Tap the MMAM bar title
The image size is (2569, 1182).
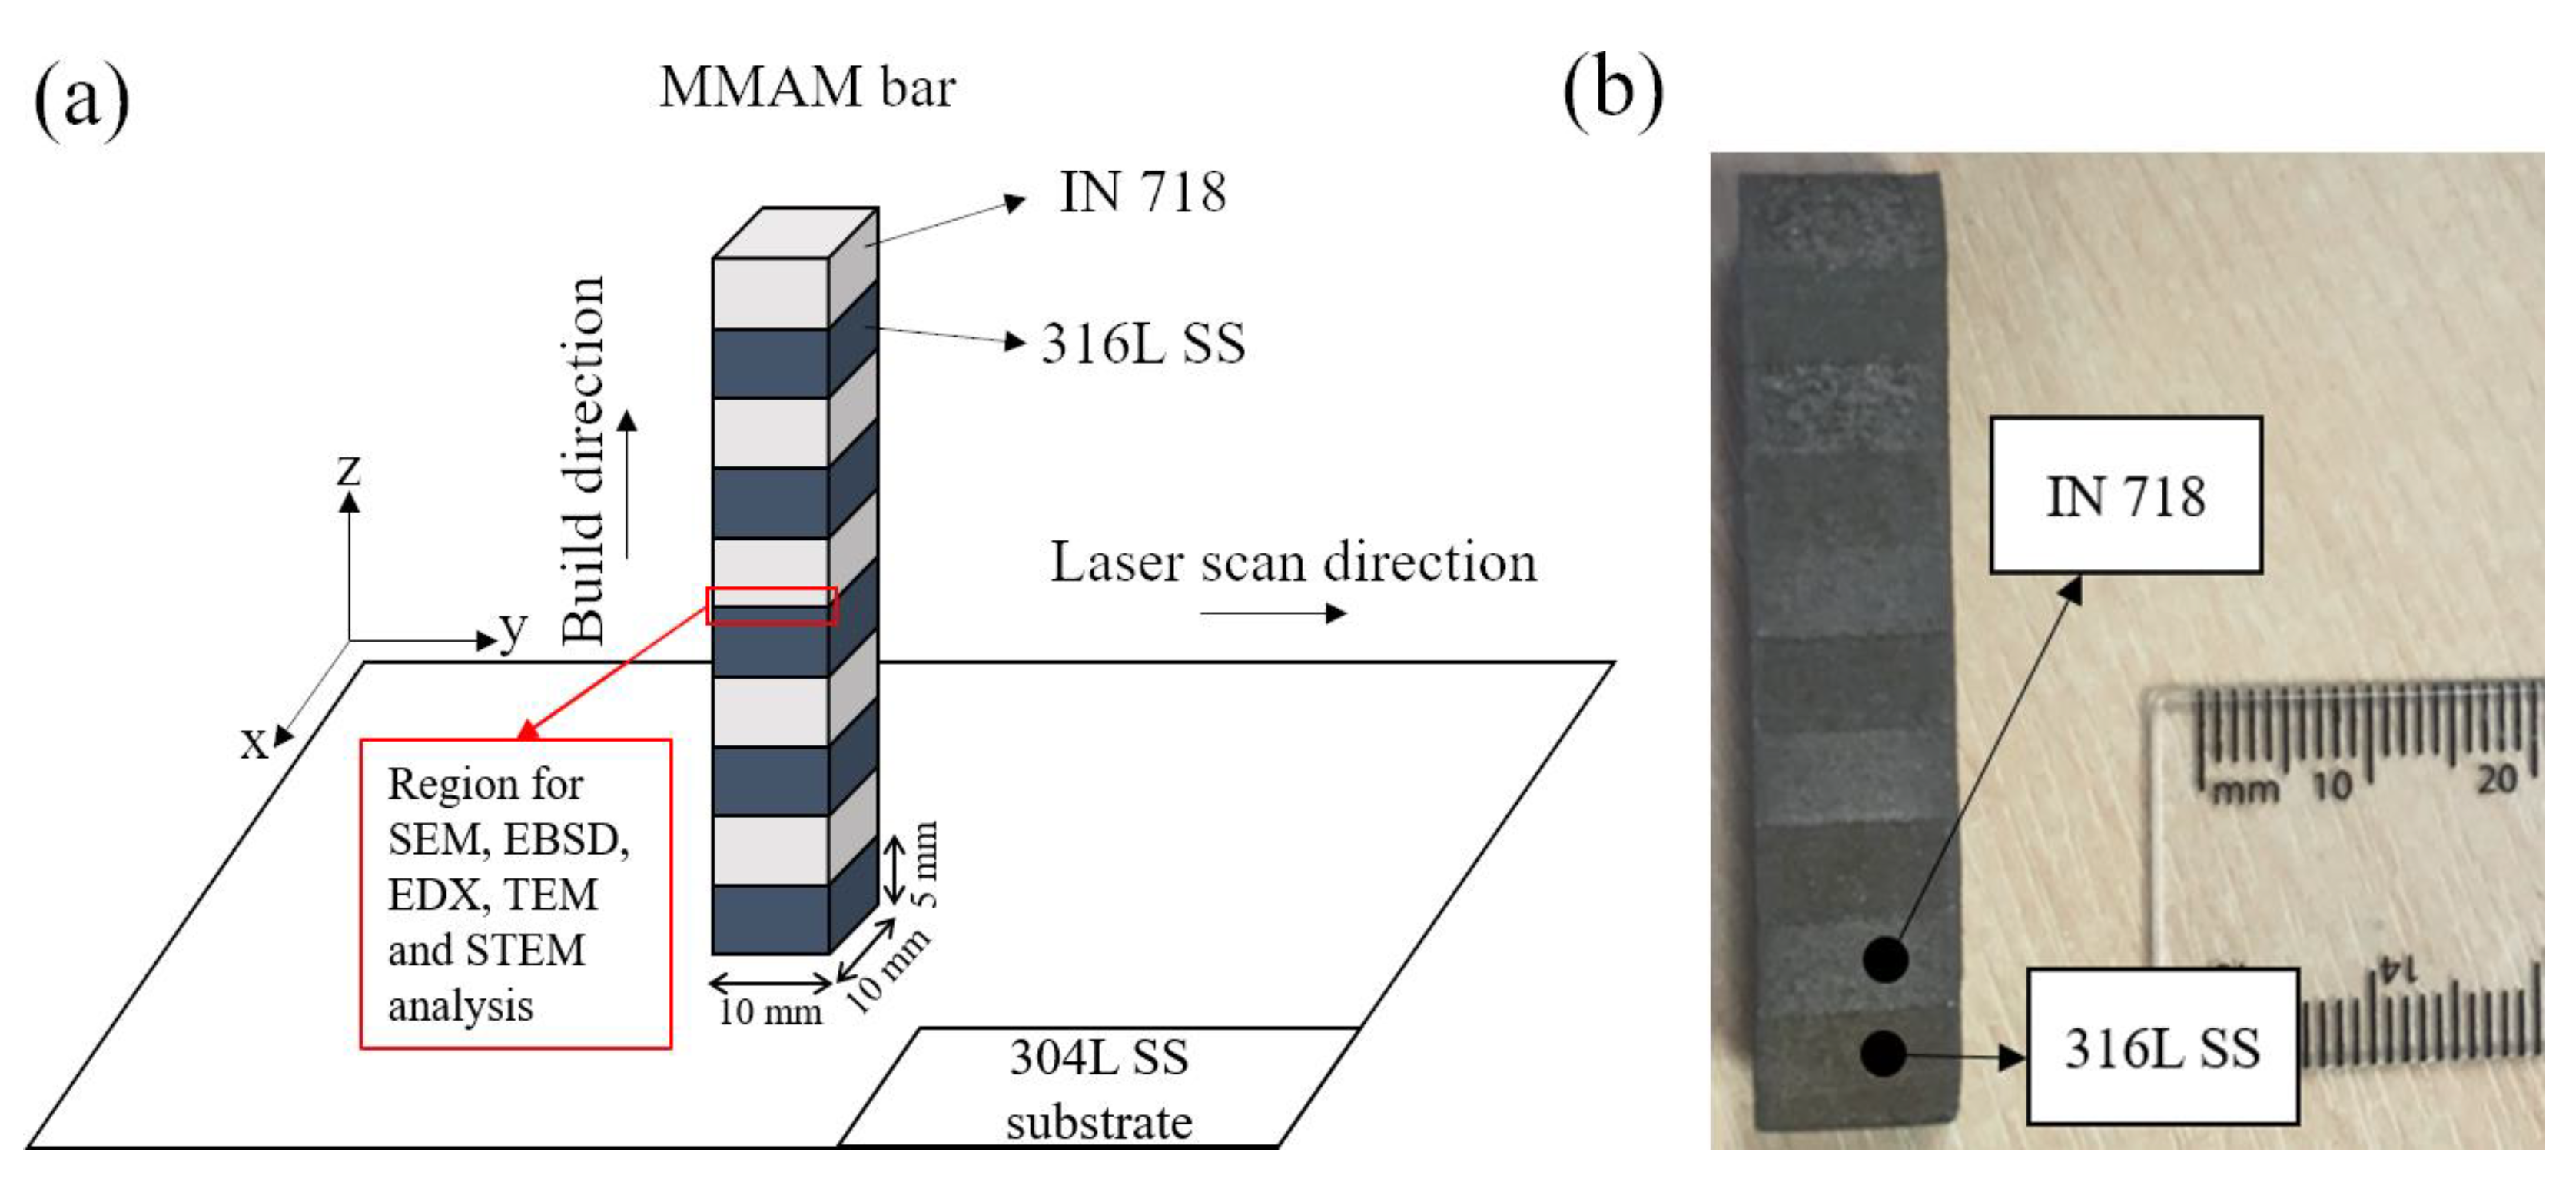pos(807,87)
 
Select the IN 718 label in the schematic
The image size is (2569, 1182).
pos(1142,191)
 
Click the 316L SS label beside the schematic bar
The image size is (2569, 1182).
pos(1143,343)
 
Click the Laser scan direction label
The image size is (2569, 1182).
pos(1293,562)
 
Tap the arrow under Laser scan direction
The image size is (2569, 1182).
pos(1273,613)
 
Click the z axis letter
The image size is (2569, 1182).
pos(348,468)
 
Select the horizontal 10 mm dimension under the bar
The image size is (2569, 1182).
pos(770,1011)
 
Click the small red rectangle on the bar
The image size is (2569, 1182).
pos(771,606)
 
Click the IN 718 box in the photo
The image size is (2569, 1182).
pos(2126,496)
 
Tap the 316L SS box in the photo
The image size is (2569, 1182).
pos(2162,1048)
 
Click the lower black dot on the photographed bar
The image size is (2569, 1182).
pos(1884,1054)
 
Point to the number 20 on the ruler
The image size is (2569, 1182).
pos(2496,778)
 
